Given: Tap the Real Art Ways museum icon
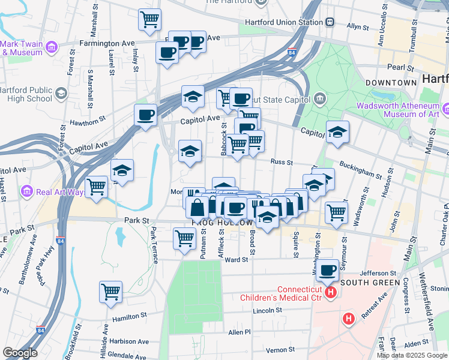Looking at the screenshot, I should coord(26,192).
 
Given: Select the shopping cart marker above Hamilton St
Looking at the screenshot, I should coord(110,292).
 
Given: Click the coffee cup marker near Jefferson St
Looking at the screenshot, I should coord(328,270).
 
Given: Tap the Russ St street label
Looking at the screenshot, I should coord(281,162).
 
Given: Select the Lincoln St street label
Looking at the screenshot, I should coord(267,311).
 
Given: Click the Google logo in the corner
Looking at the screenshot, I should coord(20,353).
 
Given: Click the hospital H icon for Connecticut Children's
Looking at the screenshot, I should coord(330,293).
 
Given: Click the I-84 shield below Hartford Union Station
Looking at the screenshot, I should coord(292,53).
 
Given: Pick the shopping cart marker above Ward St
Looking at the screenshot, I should coord(184,238).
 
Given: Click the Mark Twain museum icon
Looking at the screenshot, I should coord(52,47).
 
